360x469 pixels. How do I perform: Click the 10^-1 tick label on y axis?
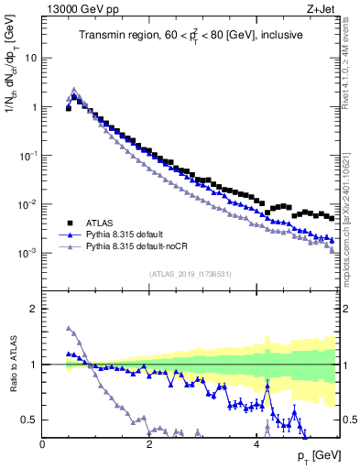pyautogui.click(x=27, y=155)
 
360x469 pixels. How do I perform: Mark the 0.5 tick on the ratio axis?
pyautogui.click(x=29, y=420)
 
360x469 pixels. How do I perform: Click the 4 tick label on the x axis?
pyautogui.click(x=256, y=444)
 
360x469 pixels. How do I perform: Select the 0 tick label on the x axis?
pyautogui.click(x=42, y=444)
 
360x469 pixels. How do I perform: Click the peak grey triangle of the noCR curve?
pyautogui.click(x=74, y=90)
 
